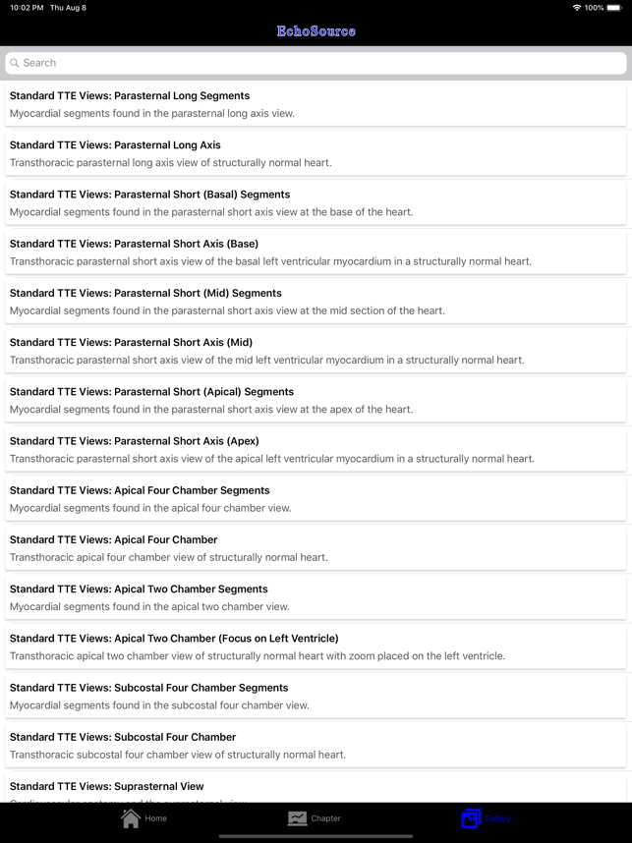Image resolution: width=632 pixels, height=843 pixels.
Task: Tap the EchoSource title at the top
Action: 316,31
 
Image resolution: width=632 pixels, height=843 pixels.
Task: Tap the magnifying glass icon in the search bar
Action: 15,63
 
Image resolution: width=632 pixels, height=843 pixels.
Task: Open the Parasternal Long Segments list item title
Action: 130,96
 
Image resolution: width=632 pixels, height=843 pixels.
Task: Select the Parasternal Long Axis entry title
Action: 115,145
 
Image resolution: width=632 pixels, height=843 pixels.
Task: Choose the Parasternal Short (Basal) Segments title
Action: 149,195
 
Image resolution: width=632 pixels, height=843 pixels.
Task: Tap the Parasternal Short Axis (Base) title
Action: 134,244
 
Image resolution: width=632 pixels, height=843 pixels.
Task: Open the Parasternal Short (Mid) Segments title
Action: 145,293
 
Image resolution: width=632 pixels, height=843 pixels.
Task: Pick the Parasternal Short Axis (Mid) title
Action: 131,342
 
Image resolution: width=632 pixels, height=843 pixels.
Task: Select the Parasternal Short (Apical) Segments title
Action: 151,392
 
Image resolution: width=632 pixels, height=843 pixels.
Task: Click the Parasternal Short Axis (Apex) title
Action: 135,441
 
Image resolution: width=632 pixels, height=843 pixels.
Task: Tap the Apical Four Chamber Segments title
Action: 140,490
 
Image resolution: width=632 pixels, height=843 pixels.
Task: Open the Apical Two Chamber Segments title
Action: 139,590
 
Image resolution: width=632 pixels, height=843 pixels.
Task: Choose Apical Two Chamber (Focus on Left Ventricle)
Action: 174,639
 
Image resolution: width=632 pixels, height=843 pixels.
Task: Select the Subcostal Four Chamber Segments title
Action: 149,688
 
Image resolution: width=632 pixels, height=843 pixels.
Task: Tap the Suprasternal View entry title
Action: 107,786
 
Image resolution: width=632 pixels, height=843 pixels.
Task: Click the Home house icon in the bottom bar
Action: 131,817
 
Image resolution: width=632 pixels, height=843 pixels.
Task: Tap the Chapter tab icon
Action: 297,817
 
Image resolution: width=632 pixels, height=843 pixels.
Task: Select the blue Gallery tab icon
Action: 471,817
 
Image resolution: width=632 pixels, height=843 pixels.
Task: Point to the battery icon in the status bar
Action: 614,8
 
